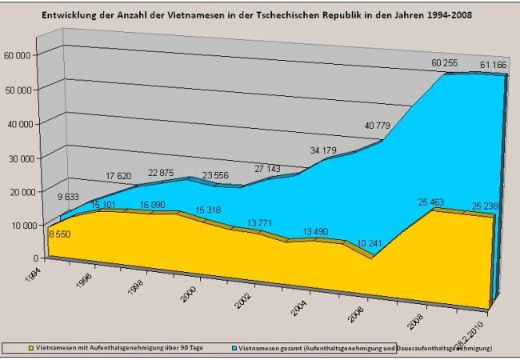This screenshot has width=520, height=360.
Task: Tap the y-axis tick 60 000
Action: pyautogui.click(x=18, y=56)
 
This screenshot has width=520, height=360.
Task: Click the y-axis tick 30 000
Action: pyautogui.click(x=18, y=158)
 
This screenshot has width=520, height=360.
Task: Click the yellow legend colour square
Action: pyautogui.click(x=32, y=349)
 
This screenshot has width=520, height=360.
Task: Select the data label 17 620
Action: pyautogui.click(x=123, y=177)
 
